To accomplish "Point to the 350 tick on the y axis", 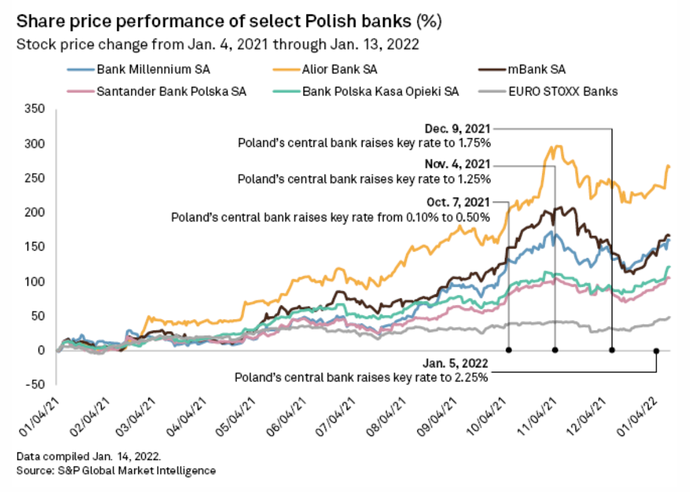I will point(37,110).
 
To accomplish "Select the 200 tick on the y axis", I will point(37,213).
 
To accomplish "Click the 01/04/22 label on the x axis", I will point(647,414).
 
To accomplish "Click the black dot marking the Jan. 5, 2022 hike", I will point(656,351).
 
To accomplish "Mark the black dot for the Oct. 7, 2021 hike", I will point(508,350).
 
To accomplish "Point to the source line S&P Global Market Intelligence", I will point(116,470).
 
